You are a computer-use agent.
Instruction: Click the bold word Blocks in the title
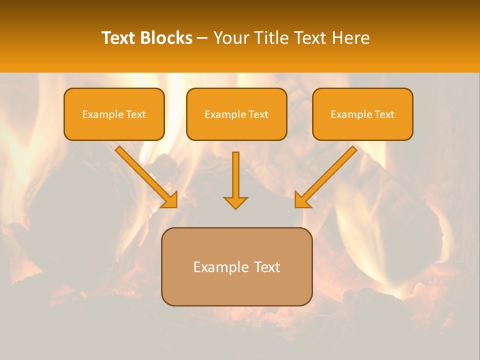[166, 38]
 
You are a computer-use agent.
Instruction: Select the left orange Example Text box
[114, 114]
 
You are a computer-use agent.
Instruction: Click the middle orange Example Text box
[236, 114]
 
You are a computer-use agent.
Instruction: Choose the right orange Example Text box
[362, 114]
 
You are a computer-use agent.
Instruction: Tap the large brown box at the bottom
[236, 266]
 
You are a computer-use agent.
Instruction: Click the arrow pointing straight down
[235, 180]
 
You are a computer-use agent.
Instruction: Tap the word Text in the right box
[384, 114]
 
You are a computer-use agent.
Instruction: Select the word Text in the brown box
[267, 267]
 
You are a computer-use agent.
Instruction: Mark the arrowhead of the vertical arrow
[235, 202]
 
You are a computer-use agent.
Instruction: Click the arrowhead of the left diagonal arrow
[171, 200]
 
